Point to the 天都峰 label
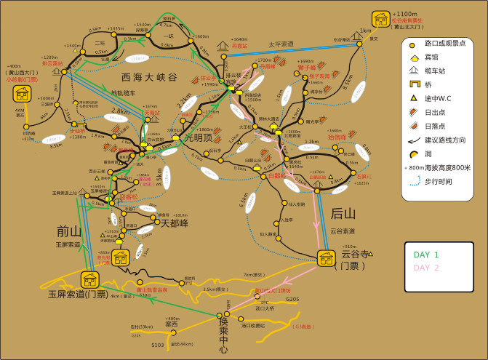[x=175, y=223]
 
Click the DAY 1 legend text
[x=426, y=255]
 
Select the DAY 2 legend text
[x=426, y=267]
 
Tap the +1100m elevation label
[x=404, y=14]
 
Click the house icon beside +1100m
[x=380, y=18]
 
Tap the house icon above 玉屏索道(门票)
[x=90, y=280]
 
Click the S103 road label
[x=158, y=345]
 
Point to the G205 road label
[x=292, y=299]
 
